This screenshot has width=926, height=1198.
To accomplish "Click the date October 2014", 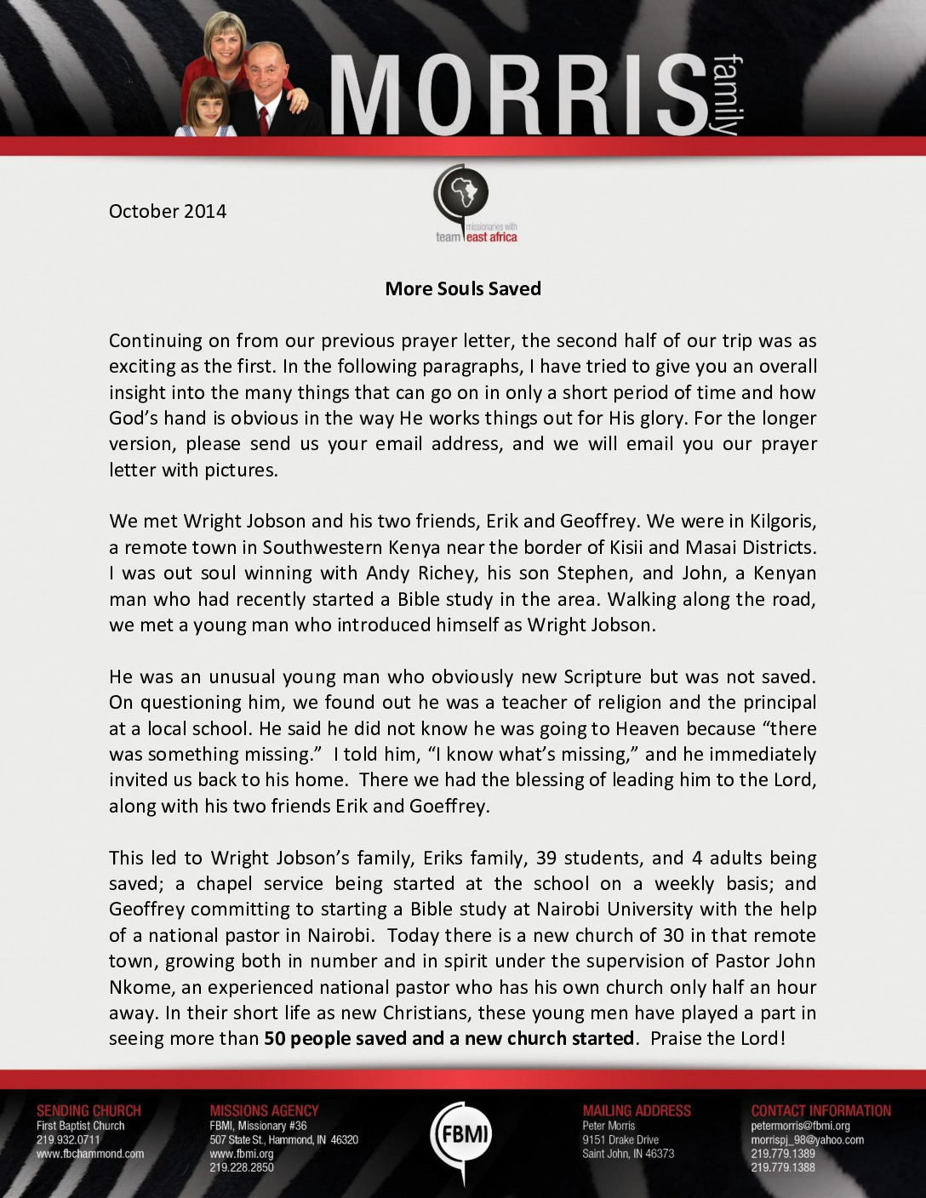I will click(168, 211).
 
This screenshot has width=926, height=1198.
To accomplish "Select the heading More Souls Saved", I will click(463, 288).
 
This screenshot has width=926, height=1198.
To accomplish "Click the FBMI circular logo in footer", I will click(461, 1134).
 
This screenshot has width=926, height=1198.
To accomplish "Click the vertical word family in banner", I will click(726, 95).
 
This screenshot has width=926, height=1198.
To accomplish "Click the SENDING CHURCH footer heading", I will click(89, 1110).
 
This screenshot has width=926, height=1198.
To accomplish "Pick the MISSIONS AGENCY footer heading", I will click(264, 1110).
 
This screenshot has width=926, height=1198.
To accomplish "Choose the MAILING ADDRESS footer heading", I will click(637, 1110).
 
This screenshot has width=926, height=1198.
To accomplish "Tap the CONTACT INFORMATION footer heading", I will click(820, 1110).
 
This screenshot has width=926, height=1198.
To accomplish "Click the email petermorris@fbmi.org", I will click(800, 1126).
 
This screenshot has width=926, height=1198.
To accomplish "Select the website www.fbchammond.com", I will click(90, 1154).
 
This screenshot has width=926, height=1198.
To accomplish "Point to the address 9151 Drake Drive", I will click(620, 1140).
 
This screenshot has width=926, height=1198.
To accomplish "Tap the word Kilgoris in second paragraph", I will click(782, 521).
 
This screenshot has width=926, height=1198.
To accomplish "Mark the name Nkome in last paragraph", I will click(140, 987).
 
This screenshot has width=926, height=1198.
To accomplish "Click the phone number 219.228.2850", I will click(242, 1167).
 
